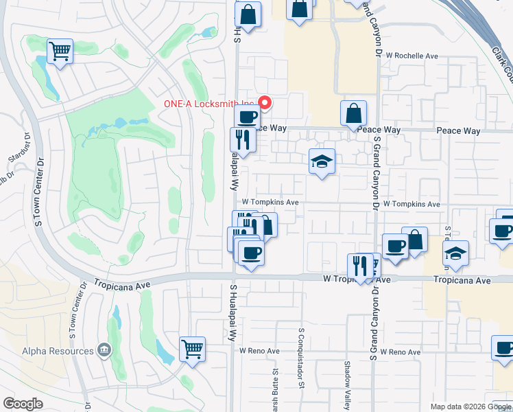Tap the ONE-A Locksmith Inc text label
(x=208, y=104)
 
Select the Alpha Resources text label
(x=57, y=351)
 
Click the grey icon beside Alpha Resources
(x=104, y=351)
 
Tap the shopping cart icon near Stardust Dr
(x=60, y=51)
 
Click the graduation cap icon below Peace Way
(x=322, y=162)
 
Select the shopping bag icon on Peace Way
(x=353, y=113)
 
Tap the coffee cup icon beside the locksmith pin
(x=247, y=117)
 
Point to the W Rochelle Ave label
(x=411, y=56)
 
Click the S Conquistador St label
(x=301, y=356)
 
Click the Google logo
(x=23, y=404)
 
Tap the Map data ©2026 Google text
(x=470, y=407)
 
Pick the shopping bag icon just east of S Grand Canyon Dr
(x=414, y=240)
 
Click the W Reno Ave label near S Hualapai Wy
(x=259, y=351)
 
